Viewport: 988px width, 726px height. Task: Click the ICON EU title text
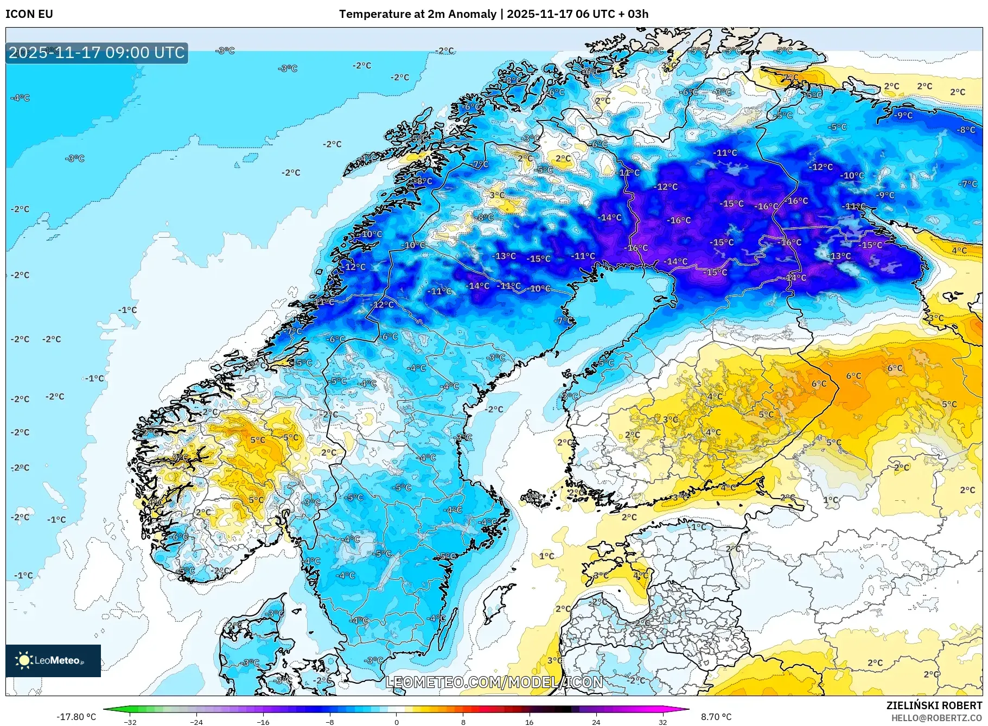(29, 14)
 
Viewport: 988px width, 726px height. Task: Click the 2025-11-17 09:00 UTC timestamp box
(97, 53)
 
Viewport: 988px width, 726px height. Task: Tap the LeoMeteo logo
(53, 660)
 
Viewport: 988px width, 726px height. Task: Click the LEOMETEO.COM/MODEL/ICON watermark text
(494, 682)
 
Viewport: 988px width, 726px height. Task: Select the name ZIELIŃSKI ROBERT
(934, 705)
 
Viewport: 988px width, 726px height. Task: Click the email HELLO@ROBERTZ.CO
(936, 718)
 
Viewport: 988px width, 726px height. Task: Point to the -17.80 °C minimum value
(76, 717)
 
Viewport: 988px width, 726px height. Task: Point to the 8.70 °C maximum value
(716, 717)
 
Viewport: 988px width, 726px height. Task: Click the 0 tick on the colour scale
(397, 722)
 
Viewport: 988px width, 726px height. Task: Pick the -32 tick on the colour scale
(130, 722)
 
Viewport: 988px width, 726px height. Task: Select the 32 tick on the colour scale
(662, 722)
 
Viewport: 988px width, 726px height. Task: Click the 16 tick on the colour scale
(530, 722)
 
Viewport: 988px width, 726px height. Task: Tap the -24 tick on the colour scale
(196, 722)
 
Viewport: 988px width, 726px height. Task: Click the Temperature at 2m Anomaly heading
(418, 14)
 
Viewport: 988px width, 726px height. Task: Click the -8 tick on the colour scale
(330, 722)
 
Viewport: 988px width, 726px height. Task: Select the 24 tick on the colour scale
(596, 722)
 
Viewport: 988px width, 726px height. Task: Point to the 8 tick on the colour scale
(463, 722)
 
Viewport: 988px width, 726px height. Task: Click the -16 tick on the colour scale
(263, 722)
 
